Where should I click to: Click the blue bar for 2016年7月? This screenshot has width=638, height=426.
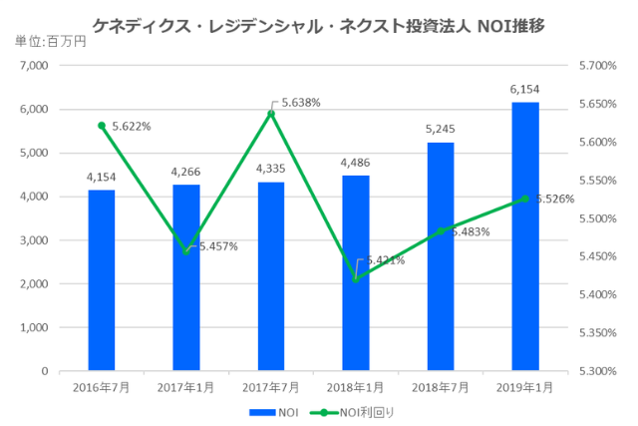[x=101, y=280]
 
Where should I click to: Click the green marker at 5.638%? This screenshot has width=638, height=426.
[x=271, y=114]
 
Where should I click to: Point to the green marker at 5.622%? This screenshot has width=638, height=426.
[x=102, y=126]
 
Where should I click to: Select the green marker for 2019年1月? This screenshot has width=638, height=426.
[x=525, y=199]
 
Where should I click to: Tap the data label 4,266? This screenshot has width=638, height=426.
[x=186, y=172]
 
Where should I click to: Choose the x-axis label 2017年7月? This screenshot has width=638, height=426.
[x=271, y=388]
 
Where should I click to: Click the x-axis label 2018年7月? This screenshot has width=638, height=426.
[x=441, y=388]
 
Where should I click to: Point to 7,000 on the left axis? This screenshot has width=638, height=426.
[x=35, y=66]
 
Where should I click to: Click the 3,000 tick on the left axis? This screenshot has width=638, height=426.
[x=35, y=240]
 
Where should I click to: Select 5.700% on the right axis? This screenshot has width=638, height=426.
[x=597, y=66]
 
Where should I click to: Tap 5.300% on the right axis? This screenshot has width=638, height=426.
[x=597, y=371]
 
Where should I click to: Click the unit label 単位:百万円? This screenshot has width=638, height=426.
[x=51, y=41]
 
